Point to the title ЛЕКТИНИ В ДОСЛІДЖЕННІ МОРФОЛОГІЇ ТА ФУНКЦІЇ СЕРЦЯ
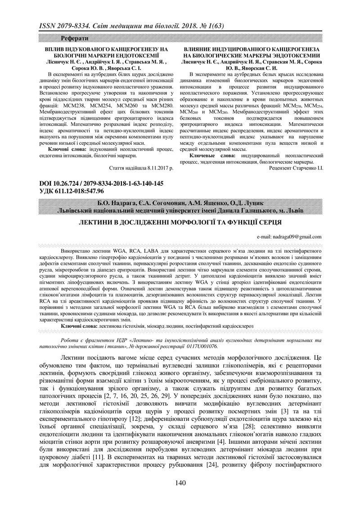tap(180, 222)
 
